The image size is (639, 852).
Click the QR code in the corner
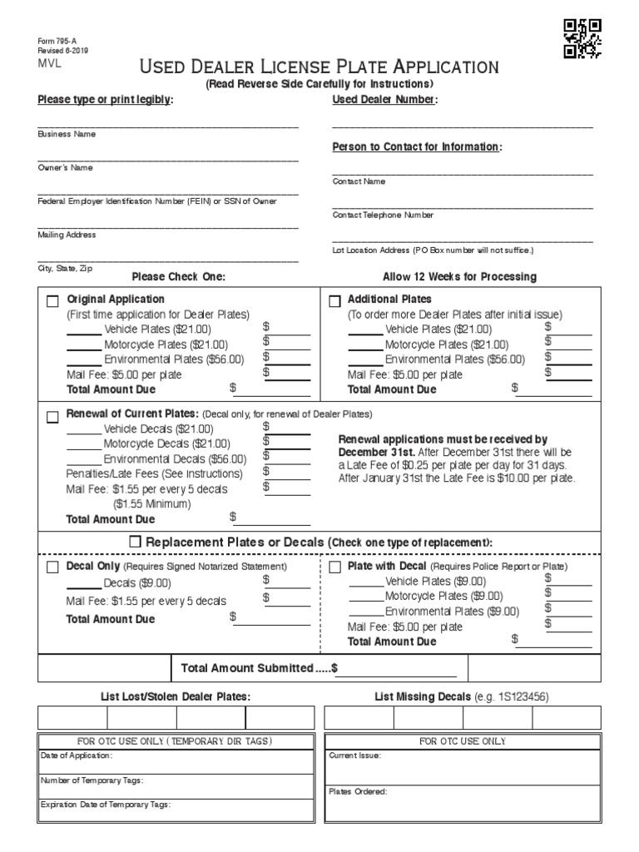point(582,38)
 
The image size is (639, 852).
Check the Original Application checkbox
point(52,301)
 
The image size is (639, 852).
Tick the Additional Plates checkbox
point(335,301)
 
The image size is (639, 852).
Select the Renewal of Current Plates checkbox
point(52,416)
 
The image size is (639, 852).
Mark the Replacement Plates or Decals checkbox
point(136,542)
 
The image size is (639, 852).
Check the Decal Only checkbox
point(52,567)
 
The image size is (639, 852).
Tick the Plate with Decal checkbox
point(335,567)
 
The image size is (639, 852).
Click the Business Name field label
point(67,134)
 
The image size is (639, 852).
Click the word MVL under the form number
point(49,62)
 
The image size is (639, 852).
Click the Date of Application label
point(77,755)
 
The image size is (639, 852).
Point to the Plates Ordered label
point(358,791)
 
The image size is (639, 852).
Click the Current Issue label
point(355,755)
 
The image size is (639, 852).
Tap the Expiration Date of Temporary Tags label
point(106,805)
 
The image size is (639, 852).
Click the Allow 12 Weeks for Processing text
point(459,277)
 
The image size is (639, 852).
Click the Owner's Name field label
point(65,167)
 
